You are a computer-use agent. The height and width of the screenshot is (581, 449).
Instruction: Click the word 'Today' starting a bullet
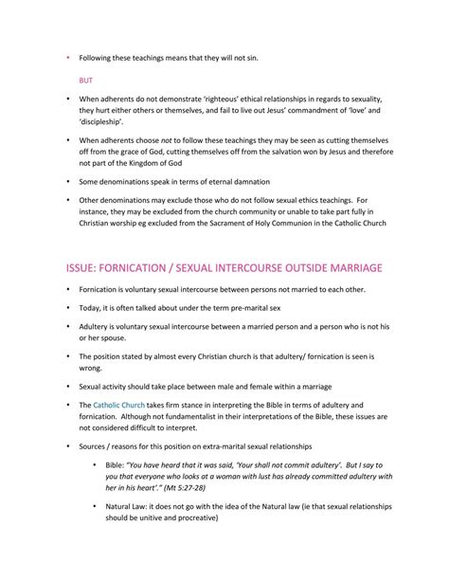click(x=93, y=307)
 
